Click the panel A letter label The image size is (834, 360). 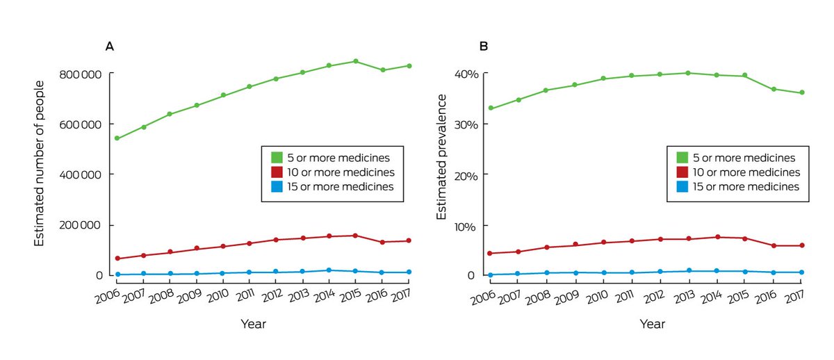(x=109, y=47)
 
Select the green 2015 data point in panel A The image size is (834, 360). (x=355, y=61)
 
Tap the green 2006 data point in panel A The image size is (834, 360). (x=117, y=138)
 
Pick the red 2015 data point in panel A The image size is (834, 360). (x=355, y=236)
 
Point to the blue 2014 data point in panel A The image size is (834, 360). (x=329, y=270)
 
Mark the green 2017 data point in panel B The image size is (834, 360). (x=802, y=92)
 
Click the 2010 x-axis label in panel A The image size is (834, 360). (x=218, y=297)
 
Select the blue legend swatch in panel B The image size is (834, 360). (x=683, y=186)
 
